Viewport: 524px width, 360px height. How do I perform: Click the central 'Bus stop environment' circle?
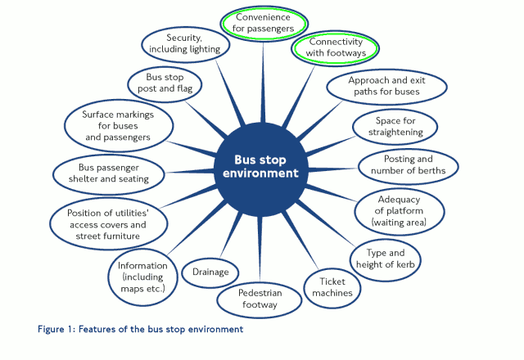[x=260, y=166]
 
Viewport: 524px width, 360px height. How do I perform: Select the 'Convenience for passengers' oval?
[x=264, y=23]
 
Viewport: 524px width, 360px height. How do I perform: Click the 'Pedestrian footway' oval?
[x=258, y=299]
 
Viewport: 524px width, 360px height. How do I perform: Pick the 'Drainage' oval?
[x=210, y=272]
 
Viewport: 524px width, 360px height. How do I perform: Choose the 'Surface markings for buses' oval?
[x=118, y=126]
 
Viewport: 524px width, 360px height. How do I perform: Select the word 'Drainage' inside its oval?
[x=210, y=272]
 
